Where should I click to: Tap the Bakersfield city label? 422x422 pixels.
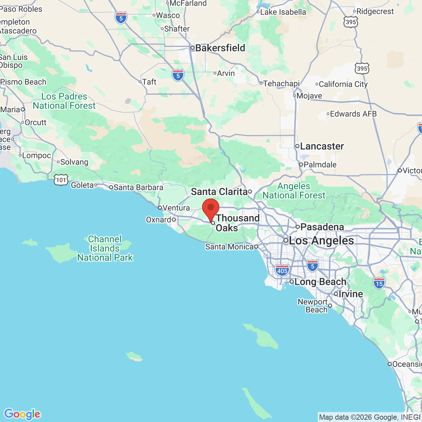pos(220,48)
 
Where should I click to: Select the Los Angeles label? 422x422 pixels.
pos(321,241)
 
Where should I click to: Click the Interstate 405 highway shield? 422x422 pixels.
pos(282,270)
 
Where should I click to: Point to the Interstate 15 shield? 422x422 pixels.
pos(379,283)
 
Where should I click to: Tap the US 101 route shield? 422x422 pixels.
pos(61,180)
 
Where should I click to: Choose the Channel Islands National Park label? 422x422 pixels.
pos(105,248)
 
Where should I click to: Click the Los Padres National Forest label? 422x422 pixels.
pos(64,101)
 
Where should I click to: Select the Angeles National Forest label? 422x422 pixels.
pos(294,191)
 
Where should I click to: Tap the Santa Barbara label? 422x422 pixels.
pos(138,187)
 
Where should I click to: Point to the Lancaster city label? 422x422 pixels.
pos(321,146)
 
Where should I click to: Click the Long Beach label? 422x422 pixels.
pos(320,282)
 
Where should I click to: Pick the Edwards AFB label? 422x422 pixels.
pos(353,114)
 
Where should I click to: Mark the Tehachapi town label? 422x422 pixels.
pos(281,83)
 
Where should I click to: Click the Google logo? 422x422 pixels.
pos(22,414)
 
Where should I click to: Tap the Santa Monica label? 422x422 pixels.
pos(229,247)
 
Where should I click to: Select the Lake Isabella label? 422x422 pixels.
pos(283,12)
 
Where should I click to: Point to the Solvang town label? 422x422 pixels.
pos(74,162)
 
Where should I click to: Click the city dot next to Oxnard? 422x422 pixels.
pos(174,220)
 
